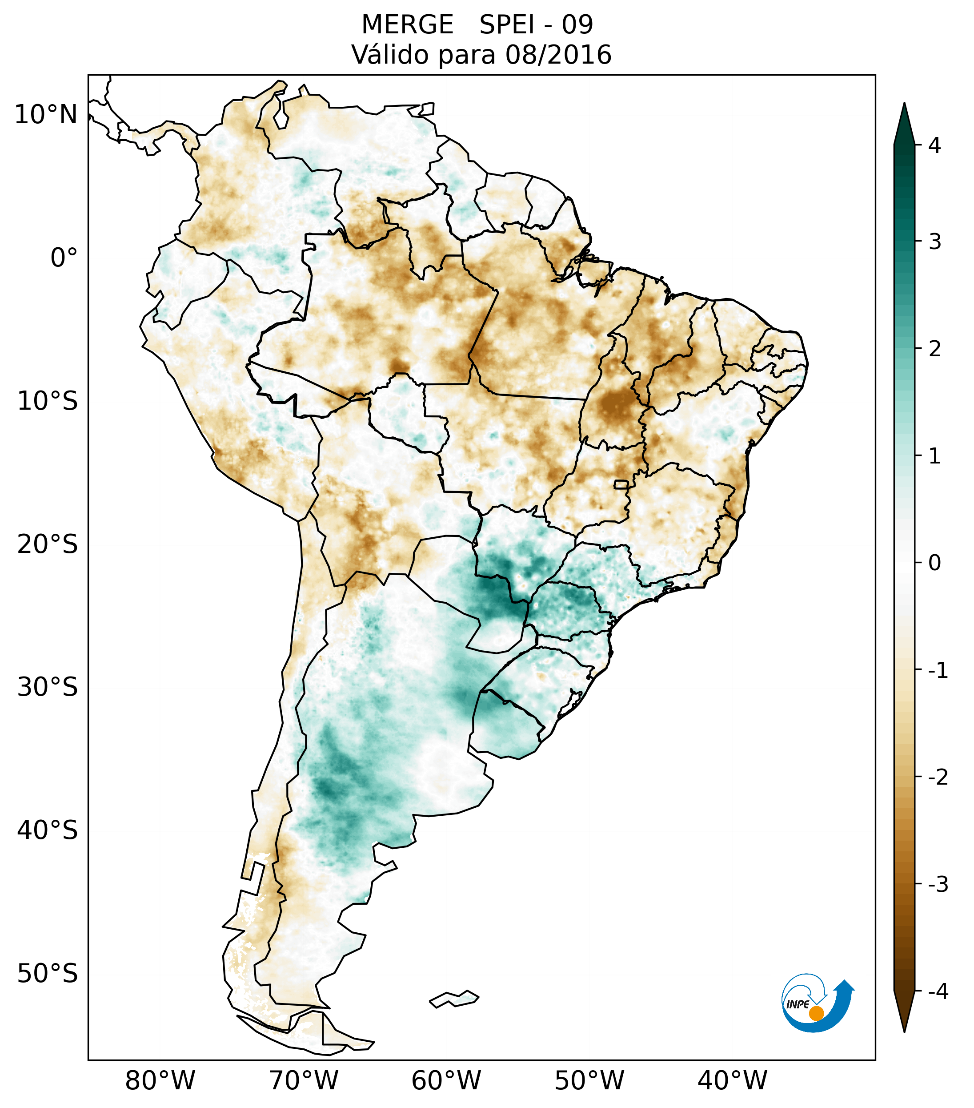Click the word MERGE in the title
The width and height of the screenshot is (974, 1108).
407,25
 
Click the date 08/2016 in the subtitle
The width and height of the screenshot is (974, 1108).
558,55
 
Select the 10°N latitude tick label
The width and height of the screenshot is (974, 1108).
46,115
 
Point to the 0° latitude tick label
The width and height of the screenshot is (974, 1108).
64,258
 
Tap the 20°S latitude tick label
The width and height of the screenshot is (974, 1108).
48,544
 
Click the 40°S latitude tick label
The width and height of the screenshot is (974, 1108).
48,830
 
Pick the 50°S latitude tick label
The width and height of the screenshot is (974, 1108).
48,974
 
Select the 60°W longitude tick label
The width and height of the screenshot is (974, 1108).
446,1080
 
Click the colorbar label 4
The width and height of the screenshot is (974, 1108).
934,145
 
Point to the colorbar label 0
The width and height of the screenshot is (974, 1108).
934,563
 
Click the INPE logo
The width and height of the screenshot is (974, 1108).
816,1003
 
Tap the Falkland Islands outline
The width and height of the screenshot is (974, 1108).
454,999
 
